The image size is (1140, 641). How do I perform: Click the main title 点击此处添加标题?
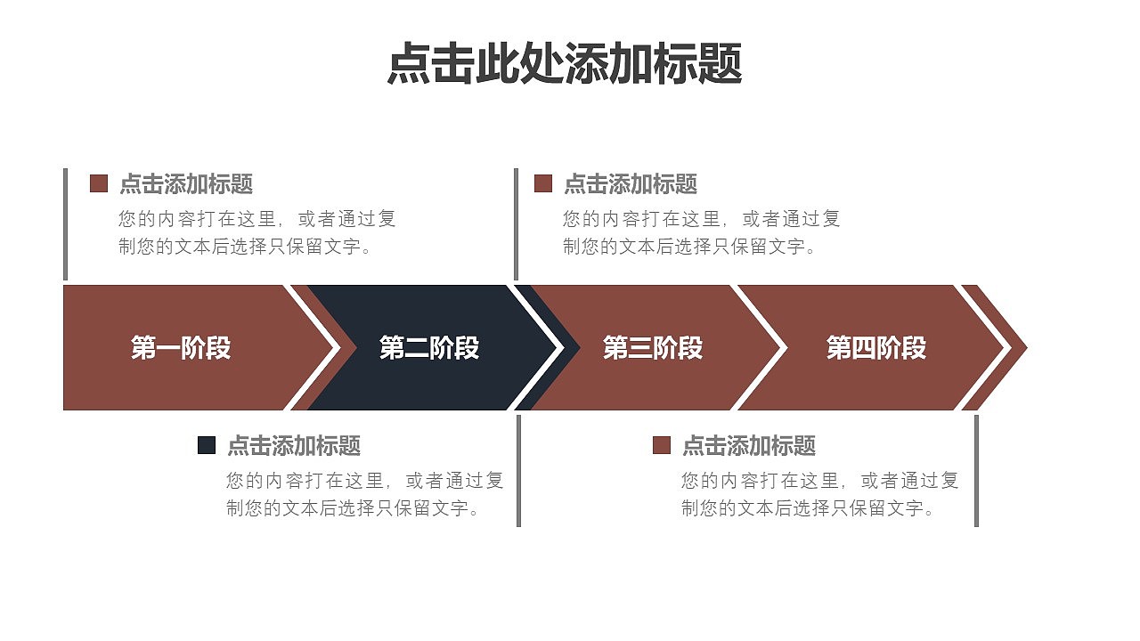coord(565,64)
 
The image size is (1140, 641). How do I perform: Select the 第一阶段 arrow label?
coord(181,347)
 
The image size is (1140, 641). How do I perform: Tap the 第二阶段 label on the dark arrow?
coord(429,347)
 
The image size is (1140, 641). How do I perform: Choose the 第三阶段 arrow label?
coord(653,347)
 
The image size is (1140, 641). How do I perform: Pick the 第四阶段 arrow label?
coord(876,347)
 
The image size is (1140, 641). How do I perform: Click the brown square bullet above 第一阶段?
coord(99,184)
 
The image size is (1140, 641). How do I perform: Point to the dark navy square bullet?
coord(207,445)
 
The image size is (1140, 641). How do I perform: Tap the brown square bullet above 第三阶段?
coord(543,184)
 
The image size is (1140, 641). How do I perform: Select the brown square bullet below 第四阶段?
coord(662,445)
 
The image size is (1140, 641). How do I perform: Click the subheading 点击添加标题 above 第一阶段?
coord(186,184)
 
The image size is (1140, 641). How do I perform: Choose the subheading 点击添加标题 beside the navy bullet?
coord(294,445)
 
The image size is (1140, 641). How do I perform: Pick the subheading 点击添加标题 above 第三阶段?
coord(631,184)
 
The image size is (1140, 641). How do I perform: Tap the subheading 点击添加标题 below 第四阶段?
coord(749,445)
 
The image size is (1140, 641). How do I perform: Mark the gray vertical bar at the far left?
coord(65,223)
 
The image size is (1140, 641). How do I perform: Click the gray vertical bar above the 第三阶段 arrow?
coord(516,223)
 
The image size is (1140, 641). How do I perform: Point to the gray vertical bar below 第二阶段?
coord(518,470)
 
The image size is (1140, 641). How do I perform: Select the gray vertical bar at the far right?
coord(976,470)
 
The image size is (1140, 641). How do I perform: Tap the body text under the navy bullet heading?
coord(365,494)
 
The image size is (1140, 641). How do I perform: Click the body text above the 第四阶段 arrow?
coord(702,232)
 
